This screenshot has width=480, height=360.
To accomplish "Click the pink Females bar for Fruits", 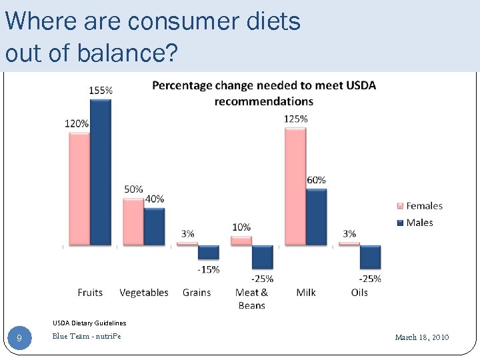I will pyautogui.click(x=79, y=189).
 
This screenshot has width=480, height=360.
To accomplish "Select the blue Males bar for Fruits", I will pyautogui.click(x=101, y=172).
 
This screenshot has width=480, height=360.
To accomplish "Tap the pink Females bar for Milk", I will pyautogui.click(x=295, y=187).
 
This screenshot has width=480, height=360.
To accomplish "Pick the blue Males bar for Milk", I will pyautogui.click(x=316, y=217).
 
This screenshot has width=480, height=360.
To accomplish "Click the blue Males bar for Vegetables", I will pyautogui.click(x=154, y=227).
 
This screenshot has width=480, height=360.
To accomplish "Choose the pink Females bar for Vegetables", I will pyautogui.click(x=133, y=221).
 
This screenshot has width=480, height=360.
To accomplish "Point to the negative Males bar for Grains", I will pyautogui.click(x=209, y=253).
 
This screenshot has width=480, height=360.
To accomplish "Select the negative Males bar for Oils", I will pyautogui.click(x=370, y=257).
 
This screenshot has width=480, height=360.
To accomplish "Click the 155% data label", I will pyautogui.click(x=101, y=90).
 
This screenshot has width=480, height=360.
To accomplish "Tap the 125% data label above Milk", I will pyautogui.click(x=295, y=119).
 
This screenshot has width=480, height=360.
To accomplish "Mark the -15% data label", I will pyautogui.click(x=208, y=269).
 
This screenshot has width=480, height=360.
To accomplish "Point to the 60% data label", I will pyautogui.click(x=316, y=180).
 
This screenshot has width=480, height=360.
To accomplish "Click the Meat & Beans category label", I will pyautogui.click(x=251, y=299).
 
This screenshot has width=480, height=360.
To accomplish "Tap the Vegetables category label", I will pyautogui.click(x=144, y=293).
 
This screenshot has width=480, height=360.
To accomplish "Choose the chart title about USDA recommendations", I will pyautogui.click(x=264, y=93).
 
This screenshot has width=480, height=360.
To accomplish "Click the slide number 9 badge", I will pyautogui.click(x=19, y=338).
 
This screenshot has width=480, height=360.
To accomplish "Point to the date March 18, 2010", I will pyautogui.click(x=422, y=337).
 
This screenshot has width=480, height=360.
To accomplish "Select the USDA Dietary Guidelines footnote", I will pyautogui.click(x=89, y=323).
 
